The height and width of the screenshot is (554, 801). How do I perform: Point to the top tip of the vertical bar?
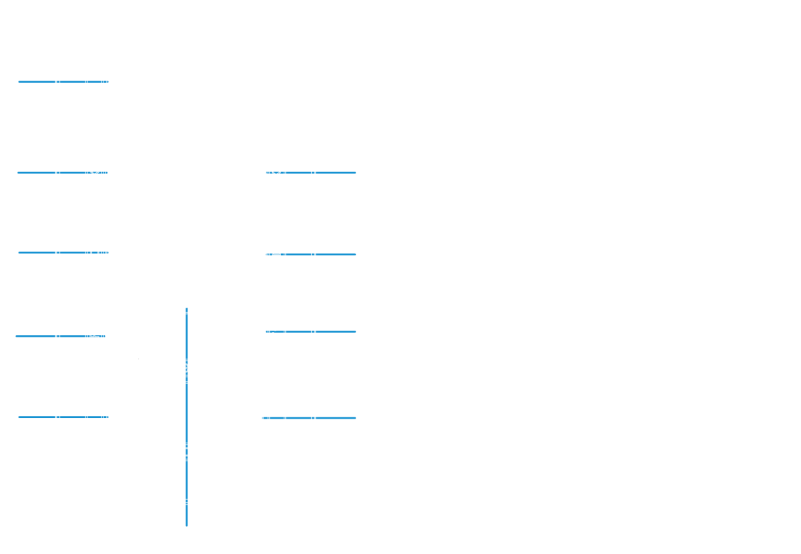pyautogui.click(x=187, y=309)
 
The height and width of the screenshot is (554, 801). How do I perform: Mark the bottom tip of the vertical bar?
pyautogui.click(x=187, y=525)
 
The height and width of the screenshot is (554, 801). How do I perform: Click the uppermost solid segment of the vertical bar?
pyautogui.click(x=187, y=337)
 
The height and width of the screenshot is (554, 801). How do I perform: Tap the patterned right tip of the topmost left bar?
pyautogui.click(x=105, y=82)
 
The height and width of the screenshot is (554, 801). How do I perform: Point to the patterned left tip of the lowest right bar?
pyautogui.click(x=265, y=418)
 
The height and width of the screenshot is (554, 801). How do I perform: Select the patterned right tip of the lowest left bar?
pyautogui.click(x=105, y=417)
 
